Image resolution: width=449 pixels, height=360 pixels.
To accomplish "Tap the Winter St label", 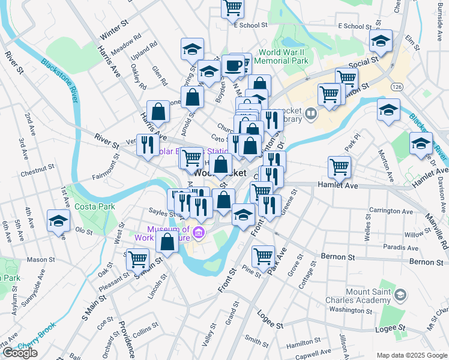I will click(x=115, y=28).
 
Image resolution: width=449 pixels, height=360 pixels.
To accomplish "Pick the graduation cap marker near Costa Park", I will click(x=58, y=221).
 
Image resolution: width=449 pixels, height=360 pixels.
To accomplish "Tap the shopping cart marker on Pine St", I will click(x=263, y=256).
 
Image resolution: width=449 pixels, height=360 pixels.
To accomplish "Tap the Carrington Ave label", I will click(x=391, y=211).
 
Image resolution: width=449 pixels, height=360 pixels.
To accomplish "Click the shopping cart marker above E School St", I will click(x=232, y=8).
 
